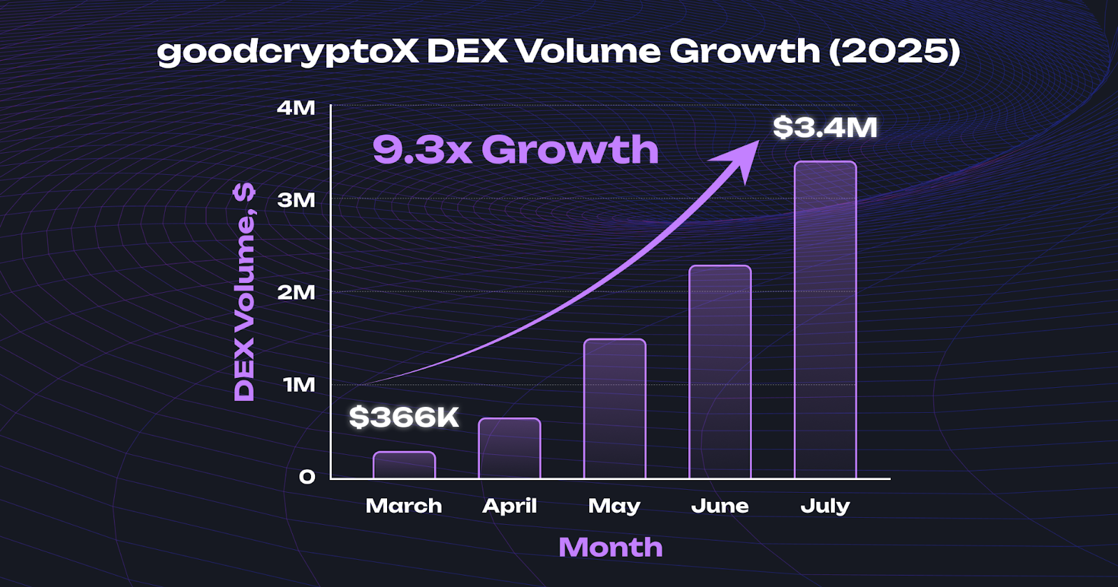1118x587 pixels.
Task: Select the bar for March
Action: tap(404, 465)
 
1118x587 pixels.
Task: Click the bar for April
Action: tap(509, 449)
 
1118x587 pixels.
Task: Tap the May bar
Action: tap(615, 410)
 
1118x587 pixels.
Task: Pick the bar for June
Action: tap(720, 372)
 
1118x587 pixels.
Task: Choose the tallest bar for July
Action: tap(825, 320)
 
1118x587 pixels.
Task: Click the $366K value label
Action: tap(404, 417)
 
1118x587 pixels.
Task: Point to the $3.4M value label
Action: tap(825, 127)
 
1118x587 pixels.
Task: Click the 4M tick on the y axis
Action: tap(296, 108)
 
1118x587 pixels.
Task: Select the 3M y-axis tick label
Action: tap(296, 200)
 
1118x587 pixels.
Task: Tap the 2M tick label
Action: tap(296, 292)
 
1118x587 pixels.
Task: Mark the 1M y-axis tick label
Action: tap(299, 384)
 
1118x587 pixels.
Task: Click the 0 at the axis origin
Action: tap(307, 477)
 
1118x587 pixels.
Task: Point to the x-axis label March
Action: tap(404, 505)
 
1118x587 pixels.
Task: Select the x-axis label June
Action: tap(720, 505)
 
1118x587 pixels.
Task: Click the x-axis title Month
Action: tap(611, 546)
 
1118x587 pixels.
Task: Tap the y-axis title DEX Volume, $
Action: tap(245, 292)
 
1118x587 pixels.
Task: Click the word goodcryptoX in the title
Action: tap(287, 52)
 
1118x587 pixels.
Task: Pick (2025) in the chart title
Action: tap(895, 52)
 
